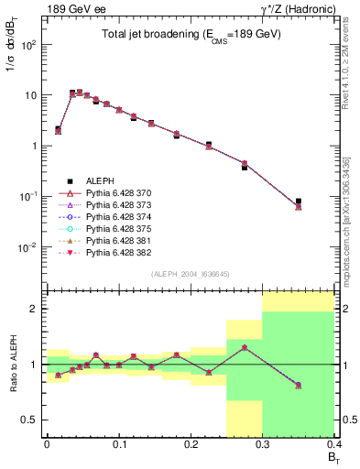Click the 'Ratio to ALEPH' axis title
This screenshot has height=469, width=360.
(x=13, y=365)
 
